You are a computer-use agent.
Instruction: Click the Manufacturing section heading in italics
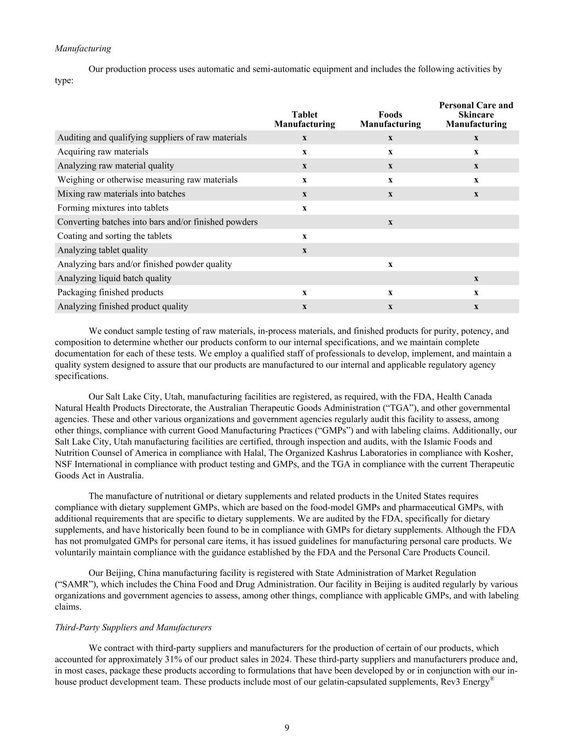point(83,48)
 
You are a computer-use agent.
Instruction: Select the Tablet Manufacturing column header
point(305,119)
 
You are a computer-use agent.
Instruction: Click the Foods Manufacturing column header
point(390,119)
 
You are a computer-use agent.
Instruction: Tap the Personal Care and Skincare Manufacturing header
point(476,115)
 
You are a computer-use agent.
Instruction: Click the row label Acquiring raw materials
point(102,152)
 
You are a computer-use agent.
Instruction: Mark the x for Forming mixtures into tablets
point(305,208)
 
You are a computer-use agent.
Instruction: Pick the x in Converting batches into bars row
point(390,222)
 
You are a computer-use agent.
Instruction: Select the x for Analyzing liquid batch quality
point(476,278)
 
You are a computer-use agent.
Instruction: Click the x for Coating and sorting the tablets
point(305,236)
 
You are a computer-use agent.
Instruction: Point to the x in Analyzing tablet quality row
point(305,250)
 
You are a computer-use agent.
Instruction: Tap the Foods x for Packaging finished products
point(390,293)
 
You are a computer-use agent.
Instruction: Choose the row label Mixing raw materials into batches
point(121,194)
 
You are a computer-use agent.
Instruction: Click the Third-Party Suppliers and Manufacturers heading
point(133,627)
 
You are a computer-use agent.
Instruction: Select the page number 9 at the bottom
point(287,728)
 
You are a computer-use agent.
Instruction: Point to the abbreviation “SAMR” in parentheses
point(75,584)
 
